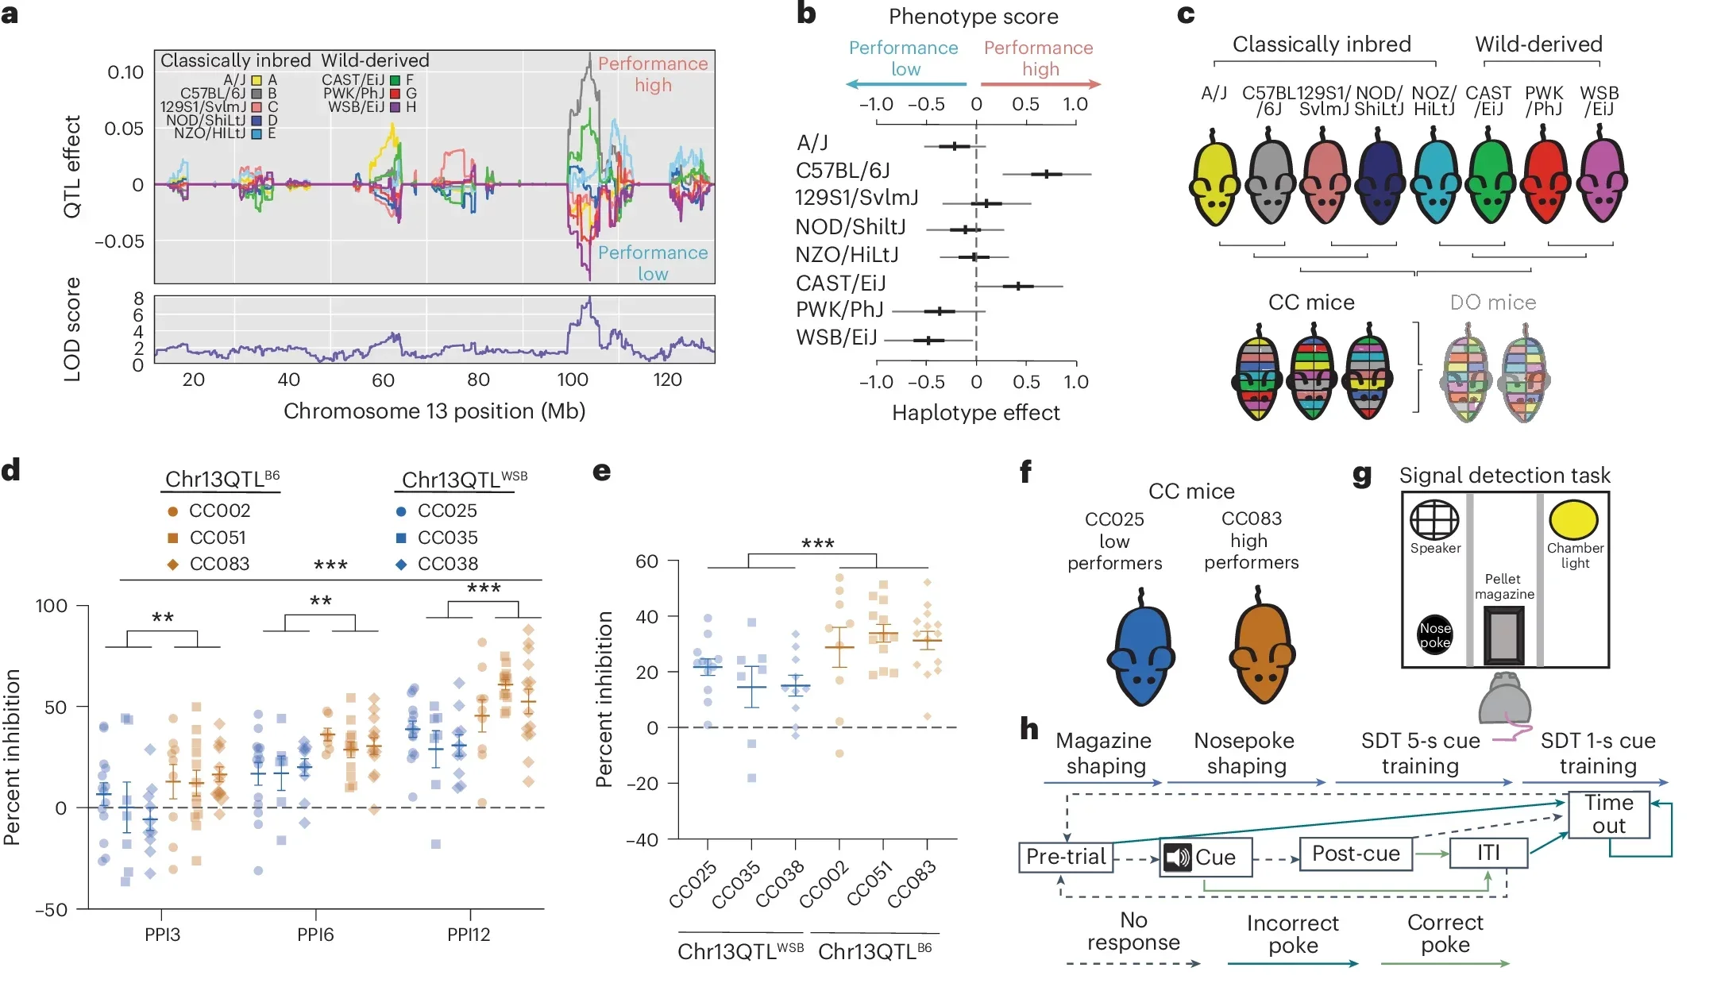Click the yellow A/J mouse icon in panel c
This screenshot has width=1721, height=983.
coord(1214,179)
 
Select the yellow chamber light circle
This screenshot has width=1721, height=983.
coord(1573,520)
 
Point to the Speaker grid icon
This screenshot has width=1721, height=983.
coord(1434,520)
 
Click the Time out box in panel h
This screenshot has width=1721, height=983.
coord(1609,814)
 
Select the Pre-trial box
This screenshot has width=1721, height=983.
coord(1066,857)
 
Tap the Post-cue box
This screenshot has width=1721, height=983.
coord(1356,854)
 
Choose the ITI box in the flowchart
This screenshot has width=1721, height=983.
coord(1488,853)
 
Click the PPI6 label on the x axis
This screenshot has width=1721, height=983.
coord(315,935)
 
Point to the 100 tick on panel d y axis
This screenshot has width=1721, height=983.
coord(52,606)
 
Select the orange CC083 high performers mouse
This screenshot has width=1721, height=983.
coord(1261,650)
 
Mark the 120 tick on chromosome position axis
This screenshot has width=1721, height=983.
coord(667,380)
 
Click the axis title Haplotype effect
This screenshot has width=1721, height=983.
coord(975,413)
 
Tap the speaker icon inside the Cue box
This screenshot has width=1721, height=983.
coord(1178,858)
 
